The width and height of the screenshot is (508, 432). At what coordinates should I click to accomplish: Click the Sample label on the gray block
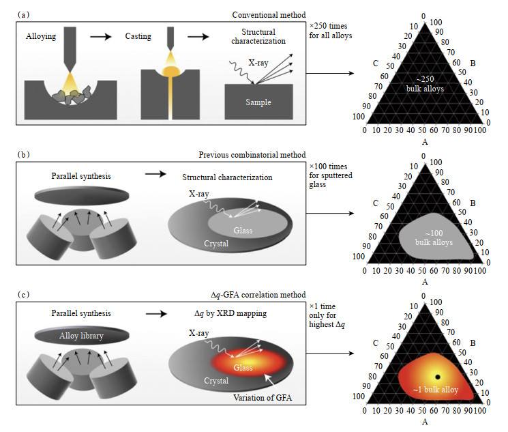259,102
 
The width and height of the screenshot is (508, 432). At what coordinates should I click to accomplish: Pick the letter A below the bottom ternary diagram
424,422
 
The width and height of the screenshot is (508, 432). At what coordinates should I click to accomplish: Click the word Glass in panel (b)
242,230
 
